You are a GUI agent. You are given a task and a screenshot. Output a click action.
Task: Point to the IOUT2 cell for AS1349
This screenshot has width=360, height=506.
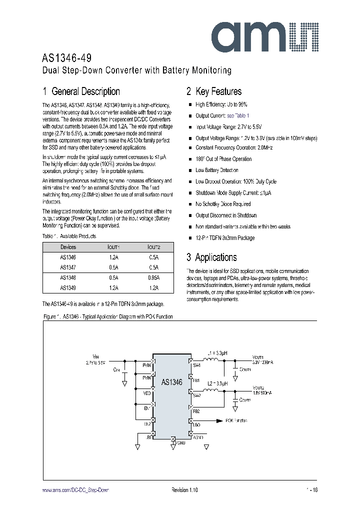[153, 288]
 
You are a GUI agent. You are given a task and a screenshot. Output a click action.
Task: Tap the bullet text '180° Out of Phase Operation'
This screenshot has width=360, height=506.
[223, 159]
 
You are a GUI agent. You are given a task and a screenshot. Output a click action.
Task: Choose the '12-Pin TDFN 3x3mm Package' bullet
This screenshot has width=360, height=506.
[225, 238]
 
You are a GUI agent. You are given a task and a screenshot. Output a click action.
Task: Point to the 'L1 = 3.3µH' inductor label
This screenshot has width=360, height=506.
[216, 353]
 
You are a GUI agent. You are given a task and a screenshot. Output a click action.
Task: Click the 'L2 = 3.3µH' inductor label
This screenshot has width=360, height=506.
[216, 383]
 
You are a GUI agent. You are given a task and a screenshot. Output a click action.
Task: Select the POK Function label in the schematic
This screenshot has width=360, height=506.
[236, 421]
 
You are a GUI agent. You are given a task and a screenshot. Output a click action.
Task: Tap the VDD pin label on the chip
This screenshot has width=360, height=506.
[147, 393]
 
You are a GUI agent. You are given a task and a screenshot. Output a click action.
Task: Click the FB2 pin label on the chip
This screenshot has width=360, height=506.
[195, 411]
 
